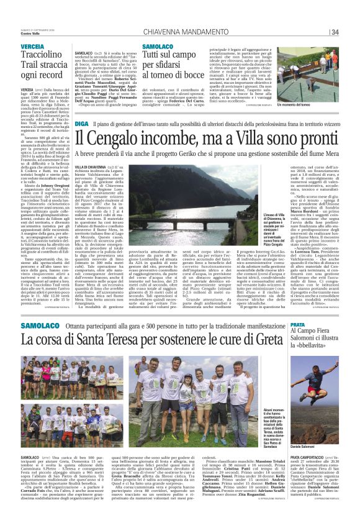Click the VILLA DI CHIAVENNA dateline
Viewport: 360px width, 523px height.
87,168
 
